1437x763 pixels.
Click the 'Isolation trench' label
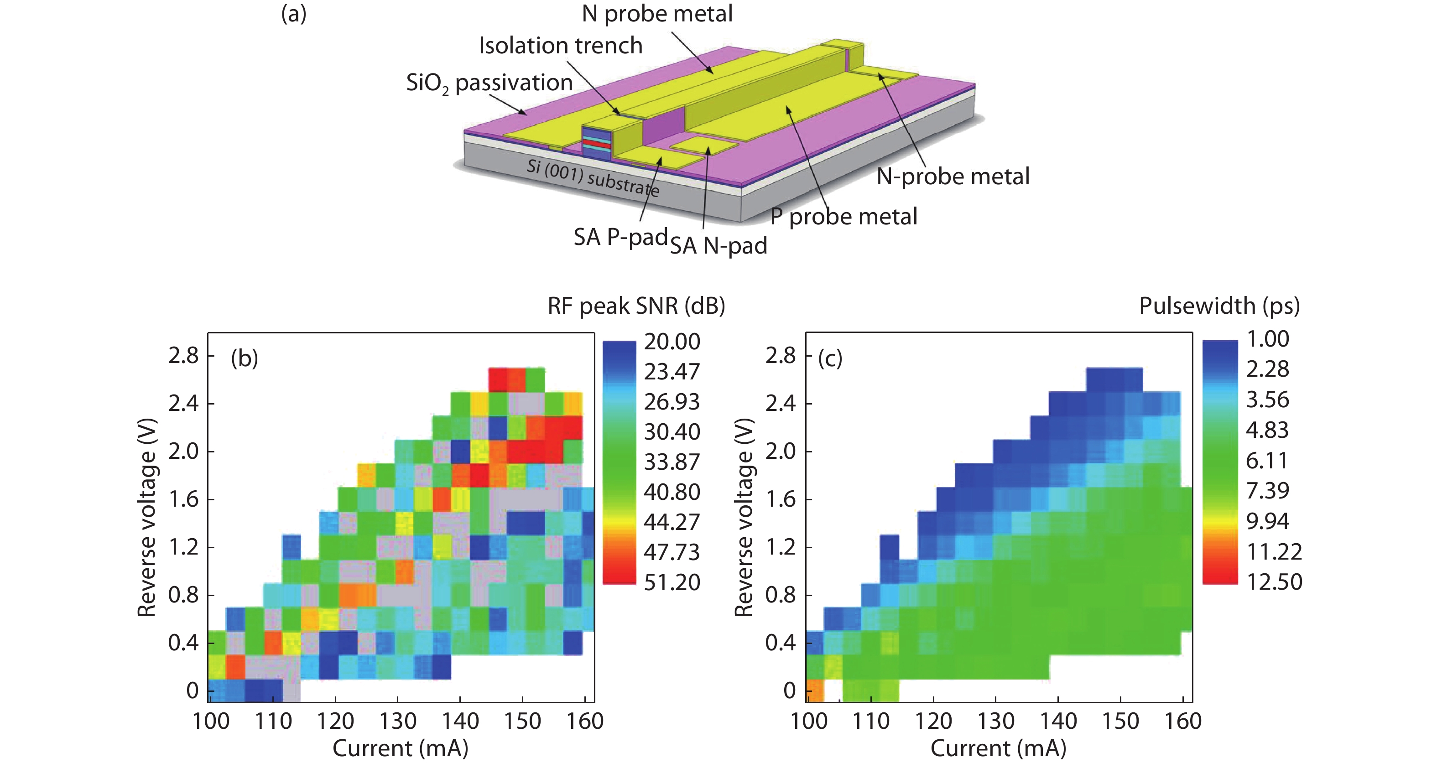(x=561, y=46)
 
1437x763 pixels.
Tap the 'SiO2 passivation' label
(x=489, y=83)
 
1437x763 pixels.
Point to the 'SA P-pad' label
(x=620, y=237)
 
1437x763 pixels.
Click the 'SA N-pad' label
(x=718, y=245)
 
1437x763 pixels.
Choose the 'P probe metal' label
(x=843, y=217)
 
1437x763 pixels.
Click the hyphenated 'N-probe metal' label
(x=953, y=176)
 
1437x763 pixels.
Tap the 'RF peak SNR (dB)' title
(x=636, y=306)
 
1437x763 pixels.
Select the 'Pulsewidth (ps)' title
(x=1219, y=306)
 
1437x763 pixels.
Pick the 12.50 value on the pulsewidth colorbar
(x=1274, y=582)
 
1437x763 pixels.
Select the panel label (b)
(x=245, y=358)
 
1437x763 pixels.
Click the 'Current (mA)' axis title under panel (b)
(x=400, y=748)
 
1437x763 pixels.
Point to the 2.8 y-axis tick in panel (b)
(x=183, y=355)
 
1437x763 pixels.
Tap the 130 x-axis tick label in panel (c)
(x=996, y=721)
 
